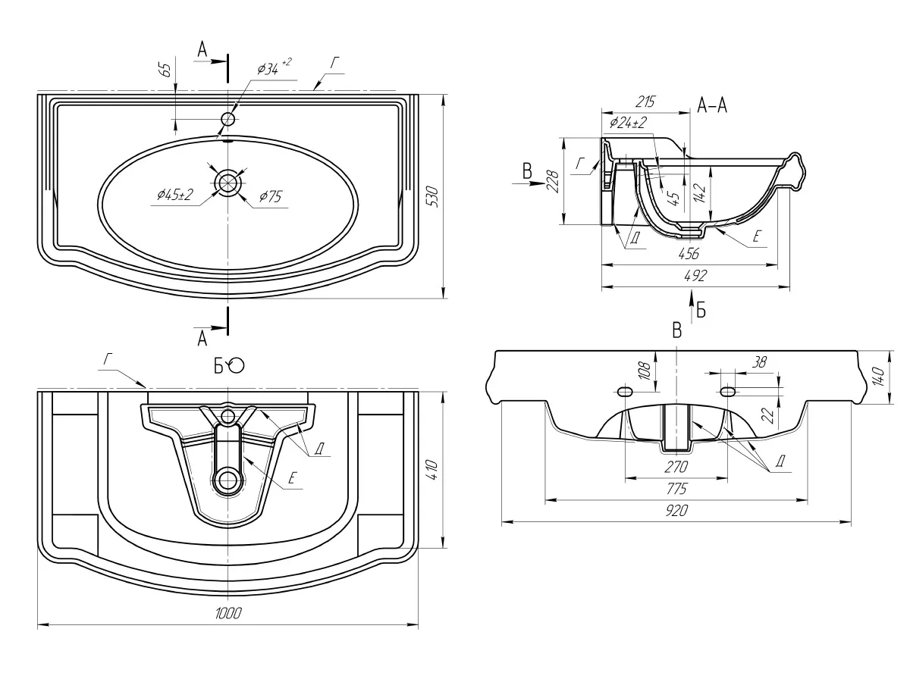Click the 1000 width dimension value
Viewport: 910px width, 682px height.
tap(227, 615)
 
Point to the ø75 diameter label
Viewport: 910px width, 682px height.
tap(270, 197)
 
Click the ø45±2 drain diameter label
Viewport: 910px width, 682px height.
tap(175, 196)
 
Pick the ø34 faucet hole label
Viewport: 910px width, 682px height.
tap(270, 69)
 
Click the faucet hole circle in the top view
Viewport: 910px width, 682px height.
tap(227, 119)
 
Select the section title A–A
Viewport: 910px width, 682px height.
tap(712, 106)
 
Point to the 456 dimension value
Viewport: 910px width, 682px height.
tap(688, 253)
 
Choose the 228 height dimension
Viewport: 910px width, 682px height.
tap(553, 182)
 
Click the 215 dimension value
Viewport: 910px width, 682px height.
tap(645, 102)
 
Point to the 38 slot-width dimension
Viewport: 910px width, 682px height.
tap(759, 363)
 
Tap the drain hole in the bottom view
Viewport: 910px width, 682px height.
tap(227, 479)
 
